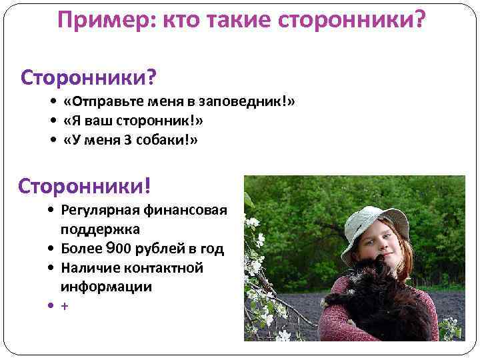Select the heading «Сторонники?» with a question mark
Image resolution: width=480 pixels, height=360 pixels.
[89, 78]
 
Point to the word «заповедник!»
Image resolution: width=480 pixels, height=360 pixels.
[255, 102]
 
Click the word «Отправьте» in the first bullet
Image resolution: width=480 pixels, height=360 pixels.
[97, 102]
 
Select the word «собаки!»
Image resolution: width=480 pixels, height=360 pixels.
[169, 140]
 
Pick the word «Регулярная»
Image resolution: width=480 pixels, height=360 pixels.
[99, 211]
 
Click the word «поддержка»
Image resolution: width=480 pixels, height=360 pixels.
[100, 229]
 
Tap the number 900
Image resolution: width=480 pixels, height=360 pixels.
[113, 249]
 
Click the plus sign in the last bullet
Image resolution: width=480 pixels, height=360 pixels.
[64, 306]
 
